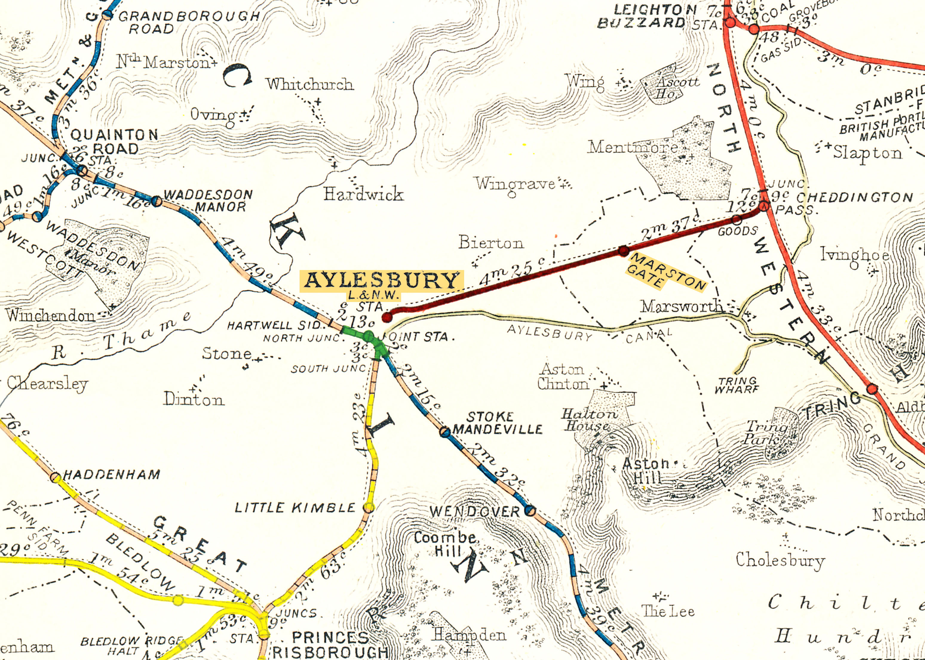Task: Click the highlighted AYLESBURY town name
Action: click(381, 280)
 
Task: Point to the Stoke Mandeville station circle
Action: click(445, 432)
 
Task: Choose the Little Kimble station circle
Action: click(369, 507)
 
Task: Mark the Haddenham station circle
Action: click(56, 477)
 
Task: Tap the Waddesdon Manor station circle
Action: click(156, 201)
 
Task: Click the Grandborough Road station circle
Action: click(107, 15)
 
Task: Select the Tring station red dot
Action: click(872, 389)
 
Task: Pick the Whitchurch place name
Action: click(309, 84)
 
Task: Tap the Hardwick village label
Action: click(363, 194)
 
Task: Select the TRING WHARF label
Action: click(737, 385)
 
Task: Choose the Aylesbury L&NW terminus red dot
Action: click(387, 317)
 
